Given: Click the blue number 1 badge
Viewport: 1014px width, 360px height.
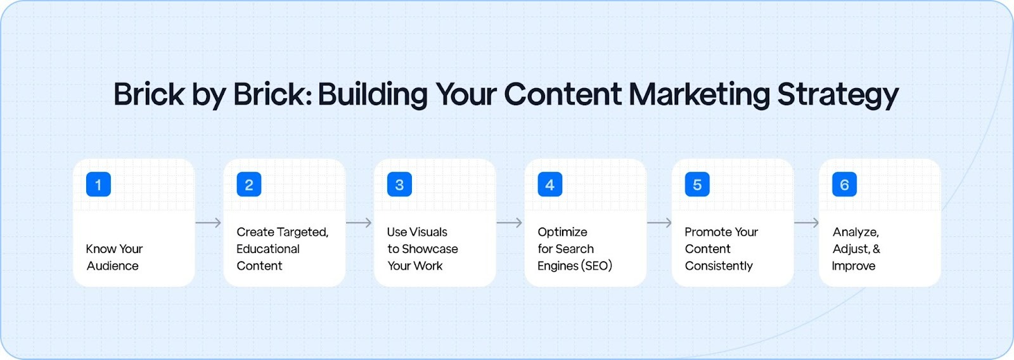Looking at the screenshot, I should (98, 184).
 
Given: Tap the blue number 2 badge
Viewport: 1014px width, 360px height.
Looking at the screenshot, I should (249, 184).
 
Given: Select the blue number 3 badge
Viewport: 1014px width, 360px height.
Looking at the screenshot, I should (399, 184).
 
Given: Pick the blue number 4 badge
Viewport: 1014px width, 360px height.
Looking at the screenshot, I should (549, 184).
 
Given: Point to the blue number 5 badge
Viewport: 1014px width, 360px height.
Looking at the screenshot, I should (697, 184).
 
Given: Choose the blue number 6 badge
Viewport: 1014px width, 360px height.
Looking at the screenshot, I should (844, 184).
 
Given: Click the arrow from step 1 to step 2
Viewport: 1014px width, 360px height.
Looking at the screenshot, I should (209, 222).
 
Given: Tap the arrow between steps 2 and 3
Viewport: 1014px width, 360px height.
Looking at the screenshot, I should (359, 222).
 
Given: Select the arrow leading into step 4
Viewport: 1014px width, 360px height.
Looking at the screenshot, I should (510, 222).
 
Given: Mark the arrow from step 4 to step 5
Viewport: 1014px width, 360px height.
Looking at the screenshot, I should (659, 222).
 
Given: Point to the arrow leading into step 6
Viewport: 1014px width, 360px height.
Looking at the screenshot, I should (806, 222).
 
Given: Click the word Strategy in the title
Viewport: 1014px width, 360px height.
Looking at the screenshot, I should (838, 95).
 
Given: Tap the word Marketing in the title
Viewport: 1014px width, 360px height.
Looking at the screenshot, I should (699, 95).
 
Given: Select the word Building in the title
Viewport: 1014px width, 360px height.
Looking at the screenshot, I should (373, 95).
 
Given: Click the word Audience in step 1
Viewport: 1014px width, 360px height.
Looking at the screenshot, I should (113, 266).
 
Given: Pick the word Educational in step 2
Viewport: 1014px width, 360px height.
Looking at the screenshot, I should (268, 249).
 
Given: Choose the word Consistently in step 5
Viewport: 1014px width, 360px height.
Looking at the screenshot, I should (719, 266).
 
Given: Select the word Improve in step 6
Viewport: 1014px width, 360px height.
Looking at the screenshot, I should (854, 266).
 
